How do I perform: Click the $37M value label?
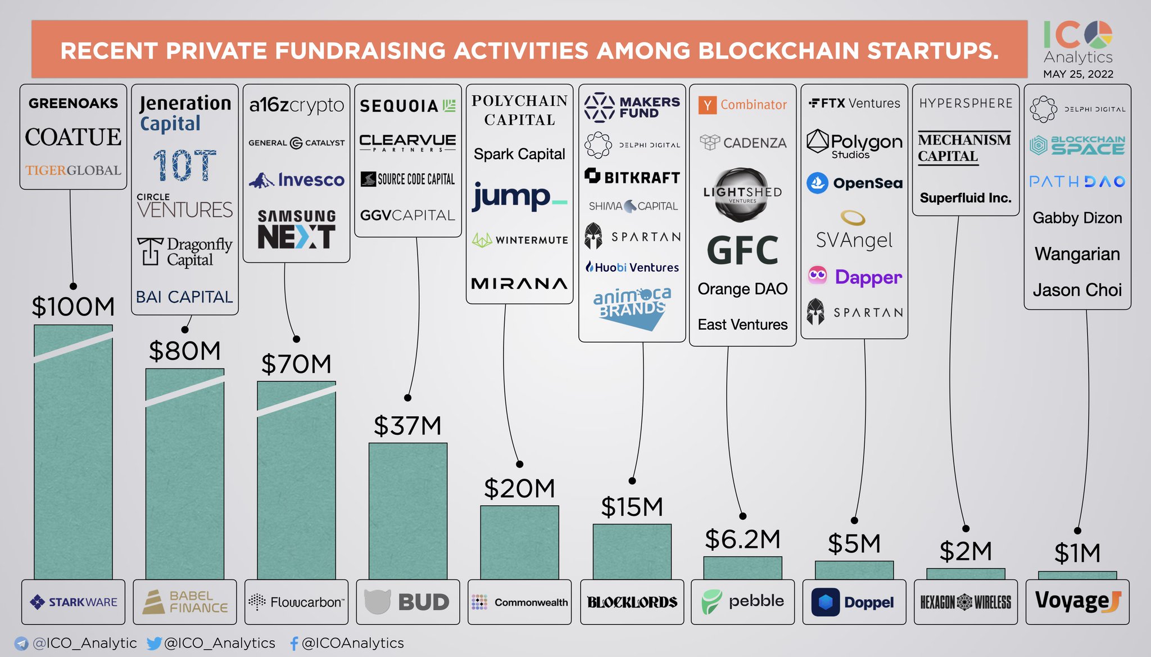click(407, 426)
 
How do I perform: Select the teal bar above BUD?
click(408, 511)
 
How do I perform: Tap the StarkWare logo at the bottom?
click(74, 602)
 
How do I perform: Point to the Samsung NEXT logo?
click(296, 229)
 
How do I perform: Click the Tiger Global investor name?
click(73, 170)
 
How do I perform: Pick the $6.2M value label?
click(742, 539)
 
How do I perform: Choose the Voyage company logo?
click(1077, 601)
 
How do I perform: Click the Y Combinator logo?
click(742, 105)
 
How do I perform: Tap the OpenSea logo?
click(854, 183)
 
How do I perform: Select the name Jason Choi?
click(1077, 290)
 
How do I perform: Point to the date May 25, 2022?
click(1078, 74)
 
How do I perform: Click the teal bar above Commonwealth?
click(519, 542)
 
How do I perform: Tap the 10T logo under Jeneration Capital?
click(184, 165)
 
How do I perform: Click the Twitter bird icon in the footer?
click(154, 643)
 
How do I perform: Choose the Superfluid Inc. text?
click(965, 198)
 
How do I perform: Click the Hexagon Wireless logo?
click(965, 602)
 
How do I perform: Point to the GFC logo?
click(742, 251)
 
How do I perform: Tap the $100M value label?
click(73, 307)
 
